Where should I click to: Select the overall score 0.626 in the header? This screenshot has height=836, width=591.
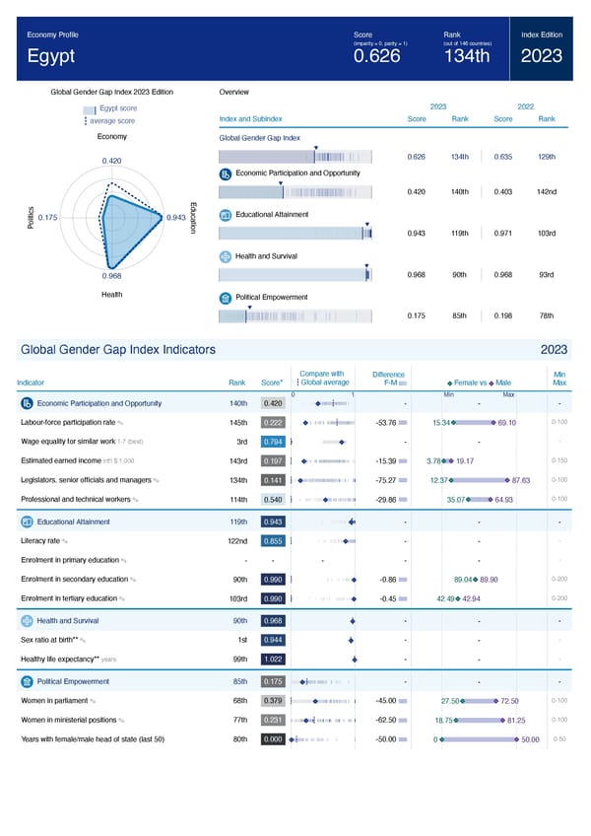[x=376, y=56]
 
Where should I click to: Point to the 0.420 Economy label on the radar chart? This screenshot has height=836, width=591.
[x=112, y=161]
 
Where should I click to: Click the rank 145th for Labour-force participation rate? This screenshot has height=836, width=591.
[x=237, y=423]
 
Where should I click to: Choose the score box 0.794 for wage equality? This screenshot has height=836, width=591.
[x=274, y=442]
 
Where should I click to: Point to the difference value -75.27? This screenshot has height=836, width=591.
[x=386, y=480]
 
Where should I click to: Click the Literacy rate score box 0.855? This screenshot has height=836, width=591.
[x=274, y=541]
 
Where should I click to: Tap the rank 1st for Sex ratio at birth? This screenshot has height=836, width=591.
[x=239, y=640]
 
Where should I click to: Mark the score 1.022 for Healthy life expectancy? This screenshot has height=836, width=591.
[x=274, y=659]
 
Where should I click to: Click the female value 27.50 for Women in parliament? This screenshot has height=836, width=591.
[x=452, y=701]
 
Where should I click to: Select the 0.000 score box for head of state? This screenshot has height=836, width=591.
[x=274, y=739]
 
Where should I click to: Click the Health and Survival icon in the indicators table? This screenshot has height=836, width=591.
[x=27, y=620]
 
